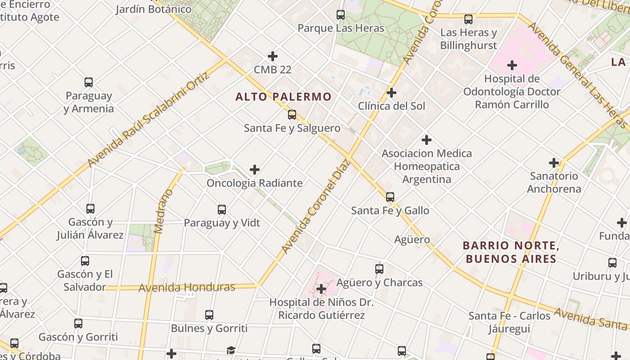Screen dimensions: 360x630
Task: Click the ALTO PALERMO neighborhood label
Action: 283,97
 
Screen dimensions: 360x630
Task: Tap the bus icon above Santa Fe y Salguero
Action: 292,115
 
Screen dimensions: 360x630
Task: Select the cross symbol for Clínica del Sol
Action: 391,93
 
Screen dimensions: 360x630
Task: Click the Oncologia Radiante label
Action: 254,183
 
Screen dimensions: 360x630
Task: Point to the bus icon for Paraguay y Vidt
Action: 222,210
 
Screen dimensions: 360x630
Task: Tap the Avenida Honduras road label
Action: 187,288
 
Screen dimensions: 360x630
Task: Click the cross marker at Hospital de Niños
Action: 321,289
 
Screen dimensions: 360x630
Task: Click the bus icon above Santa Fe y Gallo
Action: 390,197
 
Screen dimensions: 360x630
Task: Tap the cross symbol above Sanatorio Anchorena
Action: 554,163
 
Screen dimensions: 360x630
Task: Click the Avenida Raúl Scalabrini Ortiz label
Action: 148,119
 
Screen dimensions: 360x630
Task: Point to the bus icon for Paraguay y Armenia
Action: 89,82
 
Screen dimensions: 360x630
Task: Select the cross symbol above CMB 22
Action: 273,56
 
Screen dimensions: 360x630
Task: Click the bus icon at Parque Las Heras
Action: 341,15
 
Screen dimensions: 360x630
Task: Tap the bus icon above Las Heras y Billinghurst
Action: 468,19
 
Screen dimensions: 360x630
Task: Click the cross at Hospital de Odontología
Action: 512,65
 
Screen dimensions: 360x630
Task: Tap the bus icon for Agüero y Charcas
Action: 379,269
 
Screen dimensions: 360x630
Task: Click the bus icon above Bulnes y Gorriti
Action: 209,315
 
